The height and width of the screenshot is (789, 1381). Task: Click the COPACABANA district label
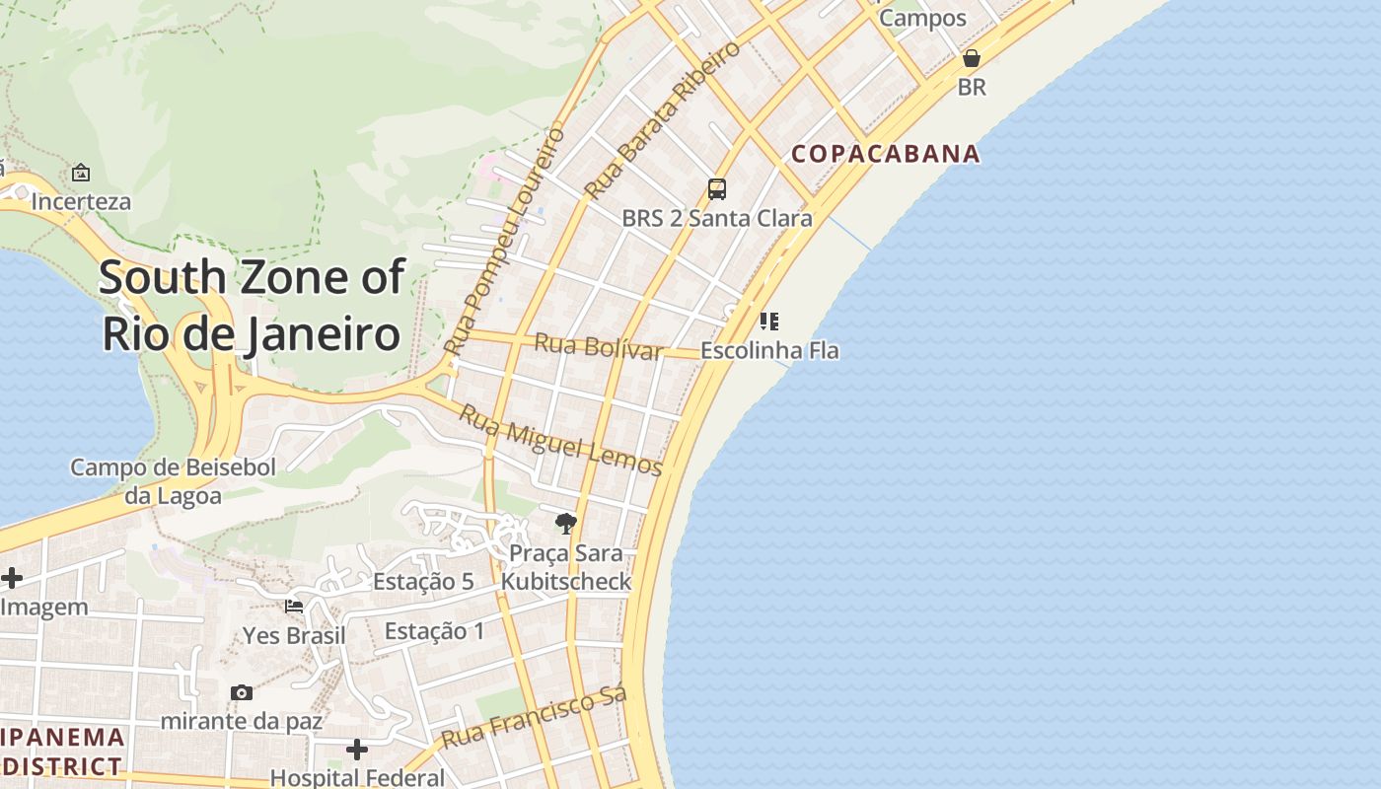886,154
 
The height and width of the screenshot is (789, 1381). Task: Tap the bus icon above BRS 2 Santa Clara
717,189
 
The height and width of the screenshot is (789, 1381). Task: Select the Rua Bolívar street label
598,347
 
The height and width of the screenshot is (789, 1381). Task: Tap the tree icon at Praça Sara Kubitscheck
565,523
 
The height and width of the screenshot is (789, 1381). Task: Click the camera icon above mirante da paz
242,693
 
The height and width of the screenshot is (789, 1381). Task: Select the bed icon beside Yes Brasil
294,606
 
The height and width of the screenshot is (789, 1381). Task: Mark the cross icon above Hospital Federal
357,751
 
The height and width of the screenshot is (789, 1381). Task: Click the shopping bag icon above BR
972,58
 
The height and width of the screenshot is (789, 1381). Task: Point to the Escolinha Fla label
769,350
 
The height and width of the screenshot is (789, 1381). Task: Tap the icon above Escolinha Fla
769,322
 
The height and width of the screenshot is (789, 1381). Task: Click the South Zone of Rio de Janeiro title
252,306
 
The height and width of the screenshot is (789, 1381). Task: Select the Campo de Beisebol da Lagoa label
173,481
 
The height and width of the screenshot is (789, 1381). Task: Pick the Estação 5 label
423,582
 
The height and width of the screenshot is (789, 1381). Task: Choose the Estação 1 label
434,631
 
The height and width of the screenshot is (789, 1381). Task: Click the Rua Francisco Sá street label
534,719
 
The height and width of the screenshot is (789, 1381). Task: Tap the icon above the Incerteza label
81,174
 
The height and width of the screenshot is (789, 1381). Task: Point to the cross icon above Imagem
12,578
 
